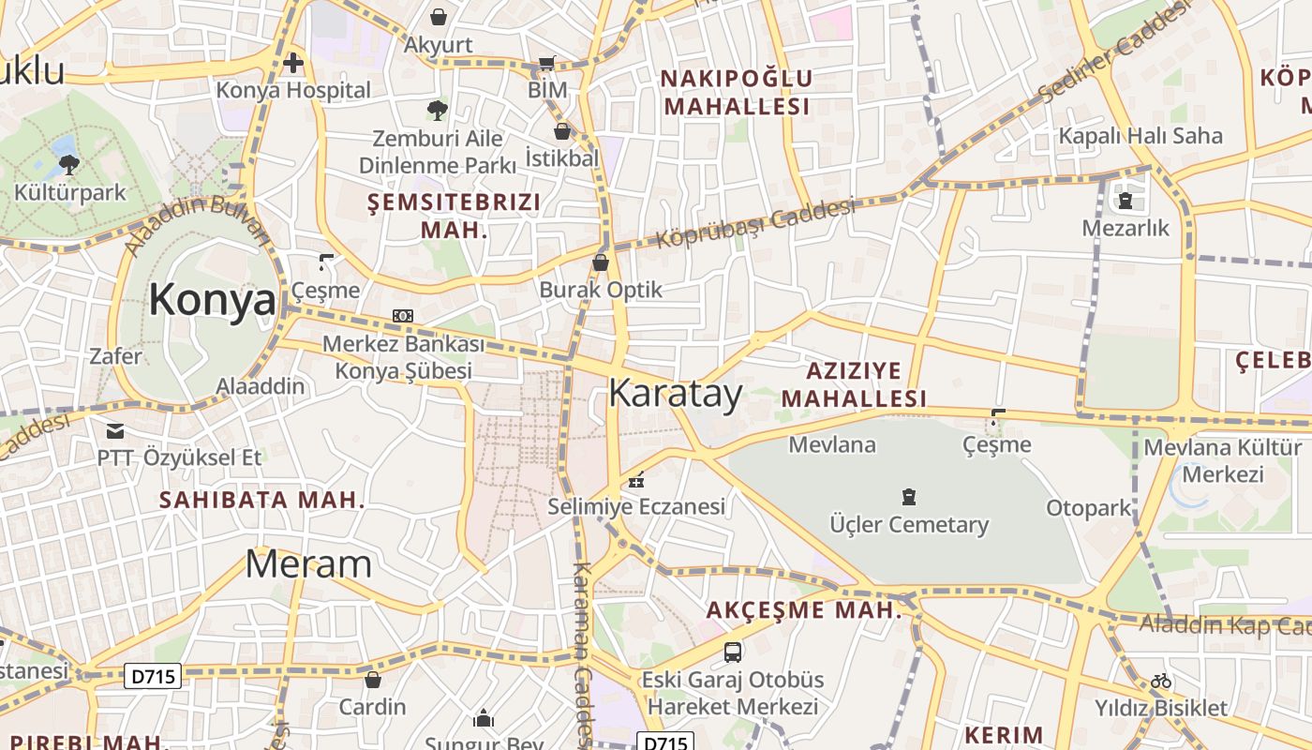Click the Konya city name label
tap(212, 301)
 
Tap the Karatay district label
tap(675, 394)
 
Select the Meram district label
tap(308, 564)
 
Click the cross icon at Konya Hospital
tap(293, 64)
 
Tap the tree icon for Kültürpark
tap(68, 165)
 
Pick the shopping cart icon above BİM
tap(546, 64)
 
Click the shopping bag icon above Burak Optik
tap(601, 262)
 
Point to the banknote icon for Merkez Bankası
tap(403, 316)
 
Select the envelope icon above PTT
tap(115, 431)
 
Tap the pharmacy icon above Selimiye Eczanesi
tap(637, 480)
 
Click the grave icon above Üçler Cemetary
tap(908, 497)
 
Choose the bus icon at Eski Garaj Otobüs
tap(733, 652)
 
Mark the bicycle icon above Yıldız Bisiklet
tap(1161, 681)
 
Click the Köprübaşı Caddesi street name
tap(755, 223)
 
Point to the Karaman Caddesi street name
tap(582, 647)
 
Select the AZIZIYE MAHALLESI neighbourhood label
tap(854, 384)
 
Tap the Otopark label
tap(1089, 508)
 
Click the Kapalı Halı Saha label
tap(1141, 136)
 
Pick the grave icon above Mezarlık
tap(1126, 200)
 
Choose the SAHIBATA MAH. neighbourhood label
tap(261, 500)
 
